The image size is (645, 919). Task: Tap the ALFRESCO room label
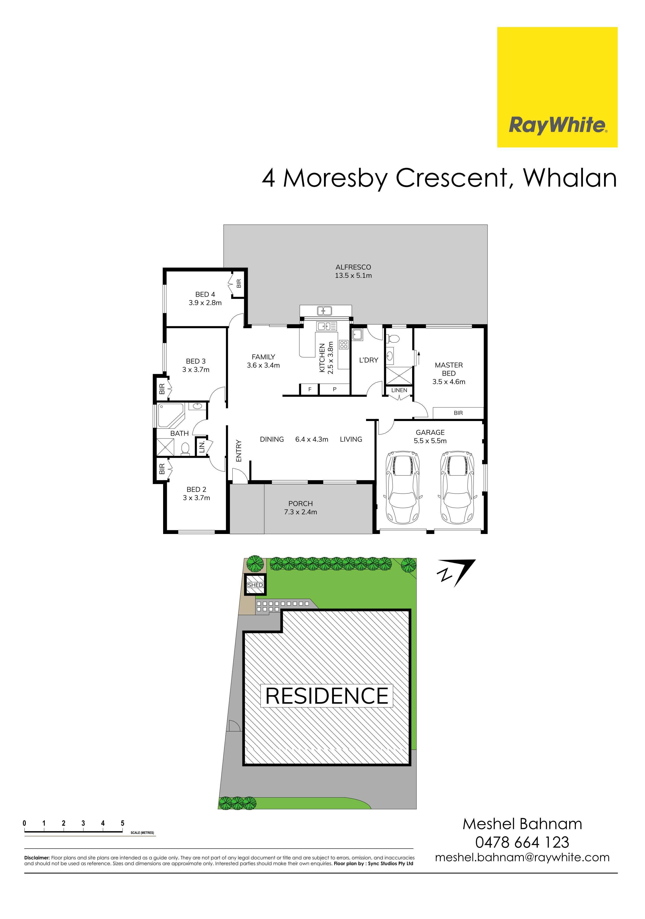coord(353,267)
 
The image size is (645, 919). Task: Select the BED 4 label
coord(205,294)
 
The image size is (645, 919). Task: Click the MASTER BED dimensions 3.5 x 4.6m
coord(448,382)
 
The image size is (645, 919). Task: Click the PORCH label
coord(300,503)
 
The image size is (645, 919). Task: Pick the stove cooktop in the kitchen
coord(343,344)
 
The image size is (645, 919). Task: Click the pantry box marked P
coord(334,389)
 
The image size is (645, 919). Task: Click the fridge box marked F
coord(310,389)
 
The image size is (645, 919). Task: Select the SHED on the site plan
coord(255,585)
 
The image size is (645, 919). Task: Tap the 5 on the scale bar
coord(122,823)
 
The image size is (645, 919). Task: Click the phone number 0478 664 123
coord(522,842)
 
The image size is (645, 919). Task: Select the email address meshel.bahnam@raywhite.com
coord(522,857)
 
